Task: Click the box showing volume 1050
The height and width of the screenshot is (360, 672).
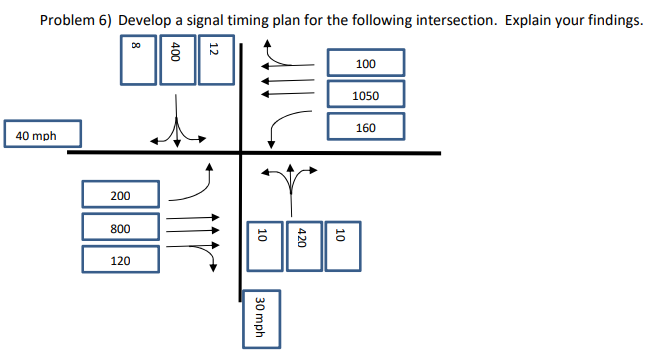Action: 365,96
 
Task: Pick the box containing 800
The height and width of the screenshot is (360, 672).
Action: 119,229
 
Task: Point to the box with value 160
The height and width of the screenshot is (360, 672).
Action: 365,128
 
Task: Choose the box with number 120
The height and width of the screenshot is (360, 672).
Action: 119,260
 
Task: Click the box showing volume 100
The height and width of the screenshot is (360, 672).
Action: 365,64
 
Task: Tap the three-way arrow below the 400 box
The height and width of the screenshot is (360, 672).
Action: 176,130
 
